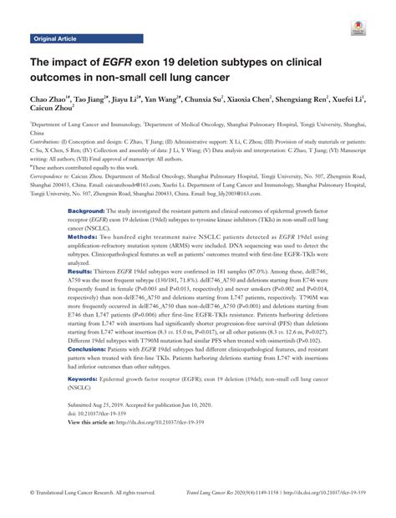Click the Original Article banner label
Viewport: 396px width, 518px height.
coord(56,38)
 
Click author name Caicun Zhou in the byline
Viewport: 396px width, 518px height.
coord(50,109)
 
